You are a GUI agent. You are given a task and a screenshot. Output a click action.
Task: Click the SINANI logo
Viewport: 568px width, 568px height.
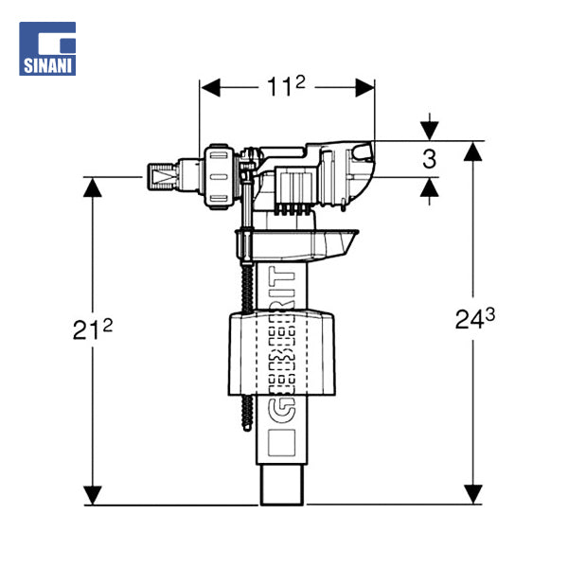pyautogui.click(x=47, y=48)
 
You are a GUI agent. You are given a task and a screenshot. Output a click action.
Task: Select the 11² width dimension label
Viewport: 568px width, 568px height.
pyautogui.click(x=286, y=86)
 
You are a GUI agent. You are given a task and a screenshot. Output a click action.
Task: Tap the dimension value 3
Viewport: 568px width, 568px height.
pyautogui.click(x=429, y=159)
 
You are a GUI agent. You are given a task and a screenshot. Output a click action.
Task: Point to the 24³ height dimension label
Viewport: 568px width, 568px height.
pyautogui.click(x=474, y=319)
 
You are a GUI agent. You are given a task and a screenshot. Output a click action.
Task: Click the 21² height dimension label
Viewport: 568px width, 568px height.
pyautogui.click(x=93, y=328)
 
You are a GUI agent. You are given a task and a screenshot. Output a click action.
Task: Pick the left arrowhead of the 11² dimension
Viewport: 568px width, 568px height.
pyautogui.click(x=210, y=88)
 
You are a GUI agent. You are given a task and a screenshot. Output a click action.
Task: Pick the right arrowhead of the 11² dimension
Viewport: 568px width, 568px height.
pyautogui.click(x=364, y=88)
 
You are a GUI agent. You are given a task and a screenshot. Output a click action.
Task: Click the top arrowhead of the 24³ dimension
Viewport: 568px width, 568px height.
pyautogui.click(x=472, y=151)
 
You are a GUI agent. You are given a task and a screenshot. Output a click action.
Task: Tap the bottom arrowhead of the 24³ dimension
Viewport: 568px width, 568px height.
pyautogui.click(x=472, y=494)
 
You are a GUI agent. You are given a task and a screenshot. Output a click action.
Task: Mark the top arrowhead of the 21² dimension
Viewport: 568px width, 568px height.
pyautogui.click(x=93, y=187)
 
